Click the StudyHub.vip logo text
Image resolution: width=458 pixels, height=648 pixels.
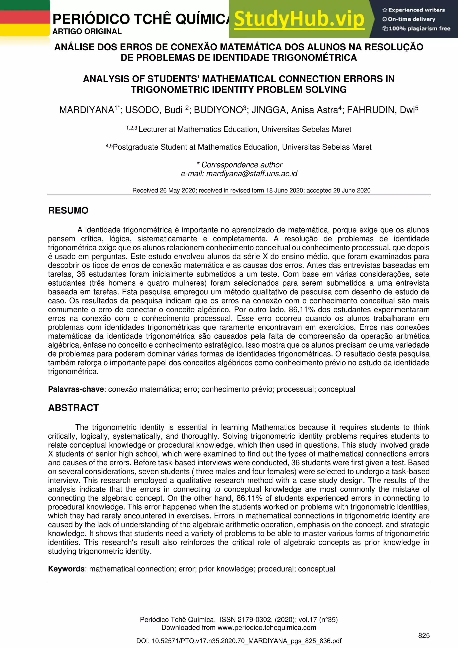coord(299,19)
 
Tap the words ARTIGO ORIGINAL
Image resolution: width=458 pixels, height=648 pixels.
coord(87,31)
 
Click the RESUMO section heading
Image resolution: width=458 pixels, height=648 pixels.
coord(68,210)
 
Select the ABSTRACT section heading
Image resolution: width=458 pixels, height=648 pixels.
coord(73,408)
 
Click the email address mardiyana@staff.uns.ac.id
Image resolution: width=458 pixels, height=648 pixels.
coord(252,174)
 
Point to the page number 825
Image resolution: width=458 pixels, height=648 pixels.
coord(424,635)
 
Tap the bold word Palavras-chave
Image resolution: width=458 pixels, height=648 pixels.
coord(76,389)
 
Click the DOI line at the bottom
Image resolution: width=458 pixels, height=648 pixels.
coord(239,641)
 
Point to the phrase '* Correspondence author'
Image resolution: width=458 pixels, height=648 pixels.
coord(239,165)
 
